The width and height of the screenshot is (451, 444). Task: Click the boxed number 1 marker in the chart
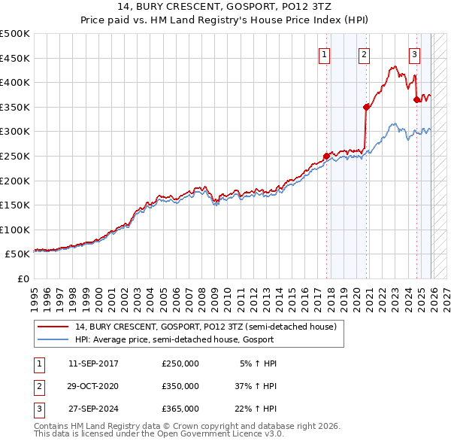point(325,53)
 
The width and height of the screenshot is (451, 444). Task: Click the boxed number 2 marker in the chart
point(364,53)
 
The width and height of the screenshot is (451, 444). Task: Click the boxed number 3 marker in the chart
point(414,53)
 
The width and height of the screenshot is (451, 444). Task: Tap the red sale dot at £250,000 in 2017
point(327,157)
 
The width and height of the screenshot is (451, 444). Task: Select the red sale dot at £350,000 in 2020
point(367,107)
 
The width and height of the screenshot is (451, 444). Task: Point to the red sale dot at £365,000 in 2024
point(416,99)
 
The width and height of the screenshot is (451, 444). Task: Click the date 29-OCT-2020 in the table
point(93,385)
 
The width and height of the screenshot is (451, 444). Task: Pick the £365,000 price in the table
point(180,408)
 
